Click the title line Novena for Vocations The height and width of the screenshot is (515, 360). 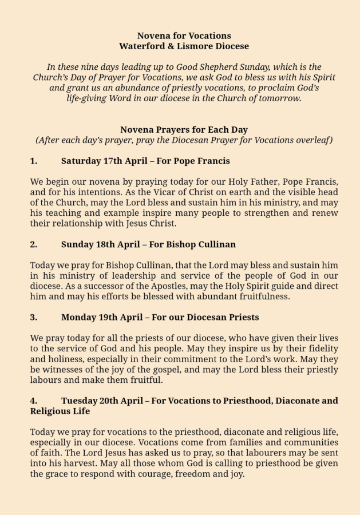point(184,35)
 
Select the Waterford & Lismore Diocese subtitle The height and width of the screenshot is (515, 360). point(184,46)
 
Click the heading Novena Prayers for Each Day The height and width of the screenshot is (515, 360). point(184,129)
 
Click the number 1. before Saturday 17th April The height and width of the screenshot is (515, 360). point(34,161)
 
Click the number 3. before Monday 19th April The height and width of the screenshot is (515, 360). point(34,317)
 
